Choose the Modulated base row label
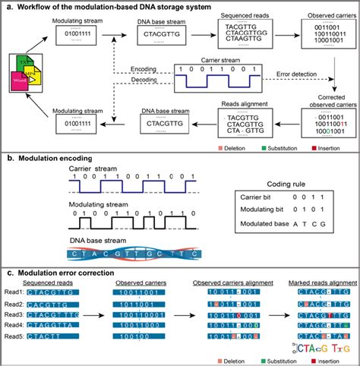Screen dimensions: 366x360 (252, 234)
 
